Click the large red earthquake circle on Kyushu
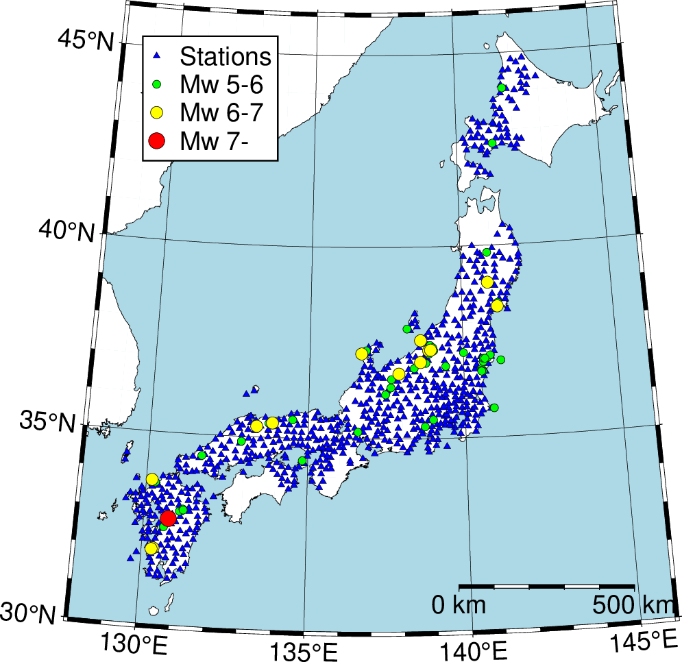(168, 519)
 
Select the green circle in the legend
(156, 84)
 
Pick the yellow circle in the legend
(156, 112)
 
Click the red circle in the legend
(156, 141)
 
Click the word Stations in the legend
(226, 56)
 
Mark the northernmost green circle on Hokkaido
(502, 88)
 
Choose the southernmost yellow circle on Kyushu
(151, 548)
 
